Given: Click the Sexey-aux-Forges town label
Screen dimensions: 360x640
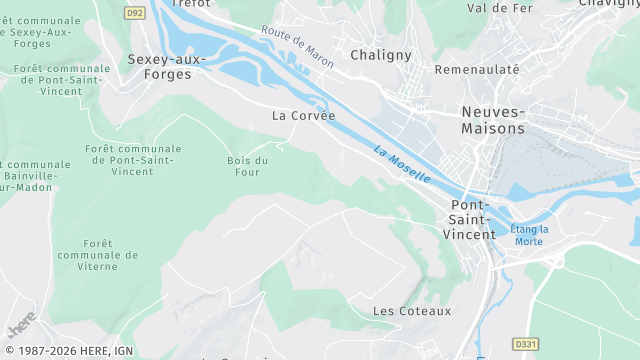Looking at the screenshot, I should click(166, 66).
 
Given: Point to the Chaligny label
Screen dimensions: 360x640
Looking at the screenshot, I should click(381, 56).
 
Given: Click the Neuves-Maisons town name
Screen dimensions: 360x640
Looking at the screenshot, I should click(493, 120).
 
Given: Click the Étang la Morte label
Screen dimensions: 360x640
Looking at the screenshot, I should click(530, 235).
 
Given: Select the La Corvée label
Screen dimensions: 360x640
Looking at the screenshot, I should click(304, 115).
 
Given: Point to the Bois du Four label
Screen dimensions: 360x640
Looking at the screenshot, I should click(248, 166).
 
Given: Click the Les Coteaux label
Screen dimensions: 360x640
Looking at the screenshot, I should click(412, 311).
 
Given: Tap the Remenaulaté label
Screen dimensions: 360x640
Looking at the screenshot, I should click(477, 70).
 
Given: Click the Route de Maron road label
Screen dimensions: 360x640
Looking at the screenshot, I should click(297, 46).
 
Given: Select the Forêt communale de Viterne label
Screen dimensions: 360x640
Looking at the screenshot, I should click(98, 255).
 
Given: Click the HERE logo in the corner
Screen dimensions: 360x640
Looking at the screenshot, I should click(20, 327).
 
